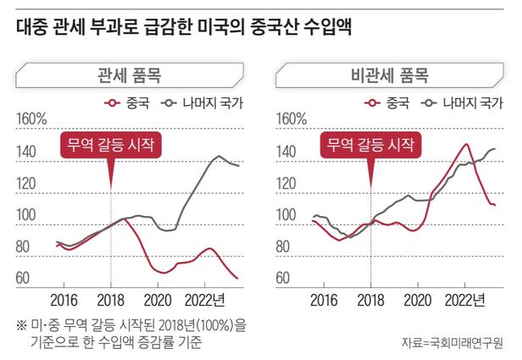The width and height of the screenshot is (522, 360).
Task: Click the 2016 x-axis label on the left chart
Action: tap(63, 300)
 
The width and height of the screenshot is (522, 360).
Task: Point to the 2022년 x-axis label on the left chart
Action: tap(205, 300)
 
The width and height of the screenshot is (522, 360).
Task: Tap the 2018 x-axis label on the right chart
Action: tap(370, 300)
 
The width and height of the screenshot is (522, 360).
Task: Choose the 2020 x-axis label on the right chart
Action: tap(419, 300)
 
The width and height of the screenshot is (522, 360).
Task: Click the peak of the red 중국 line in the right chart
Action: tap(465, 144)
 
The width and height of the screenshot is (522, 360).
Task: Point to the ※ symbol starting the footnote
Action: tap(21, 325)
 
